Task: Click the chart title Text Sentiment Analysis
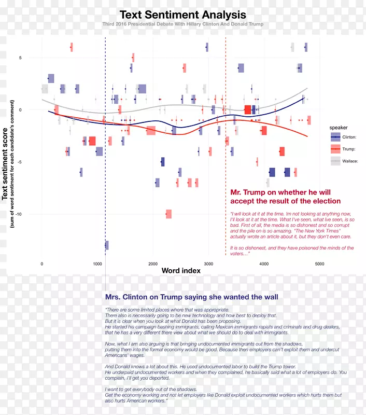tap(182, 15)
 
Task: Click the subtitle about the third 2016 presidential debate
tap(182, 24)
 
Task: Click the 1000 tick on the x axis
tap(97, 264)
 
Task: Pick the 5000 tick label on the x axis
tap(319, 264)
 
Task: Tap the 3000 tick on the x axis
tap(208, 264)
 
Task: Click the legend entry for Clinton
tap(349, 136)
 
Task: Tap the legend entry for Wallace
tap(350, 161)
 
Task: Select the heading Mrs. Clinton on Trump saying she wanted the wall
tap(191, 297)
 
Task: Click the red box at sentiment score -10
tap(168, 214)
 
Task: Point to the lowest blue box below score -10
tap(106, 245)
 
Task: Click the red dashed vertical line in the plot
tap(226, 156)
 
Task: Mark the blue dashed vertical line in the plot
tap(105, 156)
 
